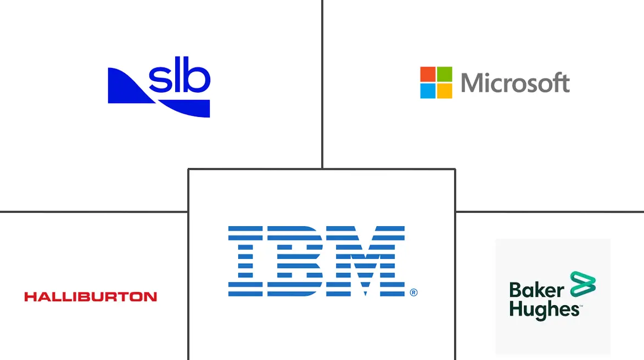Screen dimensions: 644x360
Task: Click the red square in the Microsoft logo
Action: [428, 74]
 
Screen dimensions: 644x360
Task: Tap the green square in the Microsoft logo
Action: [444, 74]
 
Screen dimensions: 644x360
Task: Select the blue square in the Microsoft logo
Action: [428, 91]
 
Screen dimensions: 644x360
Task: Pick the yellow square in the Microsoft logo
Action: [444, 91]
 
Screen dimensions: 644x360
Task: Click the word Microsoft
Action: [515, 82]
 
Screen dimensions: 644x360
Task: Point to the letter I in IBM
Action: [245, 261]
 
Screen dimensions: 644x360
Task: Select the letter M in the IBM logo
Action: [366, 261]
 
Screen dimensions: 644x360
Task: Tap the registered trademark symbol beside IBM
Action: [413, 292]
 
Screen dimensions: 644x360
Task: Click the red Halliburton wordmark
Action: [91, 297]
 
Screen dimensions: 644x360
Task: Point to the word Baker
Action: [536, 290]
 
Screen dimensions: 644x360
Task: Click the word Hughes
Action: [544, 310]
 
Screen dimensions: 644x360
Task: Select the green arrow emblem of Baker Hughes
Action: [583, 284]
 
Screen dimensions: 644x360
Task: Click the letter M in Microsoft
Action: [471, 83]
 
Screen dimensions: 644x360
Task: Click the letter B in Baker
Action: [515, 290]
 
